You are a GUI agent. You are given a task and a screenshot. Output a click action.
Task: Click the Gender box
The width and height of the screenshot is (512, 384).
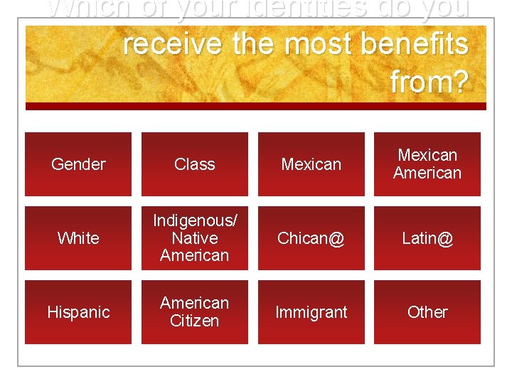(x=78, y=164)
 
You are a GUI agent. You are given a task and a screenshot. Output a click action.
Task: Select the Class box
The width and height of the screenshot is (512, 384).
(x=195, y=164)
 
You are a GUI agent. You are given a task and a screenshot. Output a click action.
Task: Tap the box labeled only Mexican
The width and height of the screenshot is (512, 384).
(x=311, y=164)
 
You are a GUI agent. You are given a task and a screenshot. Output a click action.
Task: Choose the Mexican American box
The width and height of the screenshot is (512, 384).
(x=427, y=164)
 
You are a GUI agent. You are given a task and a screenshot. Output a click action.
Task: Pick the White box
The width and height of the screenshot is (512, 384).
(x=78, y=238)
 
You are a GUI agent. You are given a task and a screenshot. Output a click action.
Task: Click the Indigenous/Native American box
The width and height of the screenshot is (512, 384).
(x=195, y=238)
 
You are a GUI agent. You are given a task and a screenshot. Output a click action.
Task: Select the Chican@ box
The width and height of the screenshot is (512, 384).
(x=311, y=238)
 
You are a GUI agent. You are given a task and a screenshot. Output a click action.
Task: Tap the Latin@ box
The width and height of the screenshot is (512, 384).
(x=427, y=238)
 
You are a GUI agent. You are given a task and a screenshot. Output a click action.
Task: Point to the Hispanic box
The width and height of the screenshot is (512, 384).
(x=78, y=312)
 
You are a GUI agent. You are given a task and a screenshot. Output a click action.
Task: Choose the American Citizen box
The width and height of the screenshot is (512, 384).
(x=195, y=312)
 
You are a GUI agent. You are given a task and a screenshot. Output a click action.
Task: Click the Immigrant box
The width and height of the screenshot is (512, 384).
(x=311, y=312)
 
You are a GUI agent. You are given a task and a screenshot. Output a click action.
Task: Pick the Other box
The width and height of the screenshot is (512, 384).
(x=427, y=312)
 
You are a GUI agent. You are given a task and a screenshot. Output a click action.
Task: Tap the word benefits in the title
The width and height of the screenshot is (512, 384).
(x=415, y=44)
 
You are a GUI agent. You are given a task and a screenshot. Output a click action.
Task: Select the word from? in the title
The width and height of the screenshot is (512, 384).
(x=429, y=82)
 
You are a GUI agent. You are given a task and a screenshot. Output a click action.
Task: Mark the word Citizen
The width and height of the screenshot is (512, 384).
(x=195, y=321)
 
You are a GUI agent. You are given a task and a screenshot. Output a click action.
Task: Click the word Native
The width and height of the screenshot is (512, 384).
(x=195, y=238)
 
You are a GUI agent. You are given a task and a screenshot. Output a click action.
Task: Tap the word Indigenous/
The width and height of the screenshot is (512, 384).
(x=195, y=220)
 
